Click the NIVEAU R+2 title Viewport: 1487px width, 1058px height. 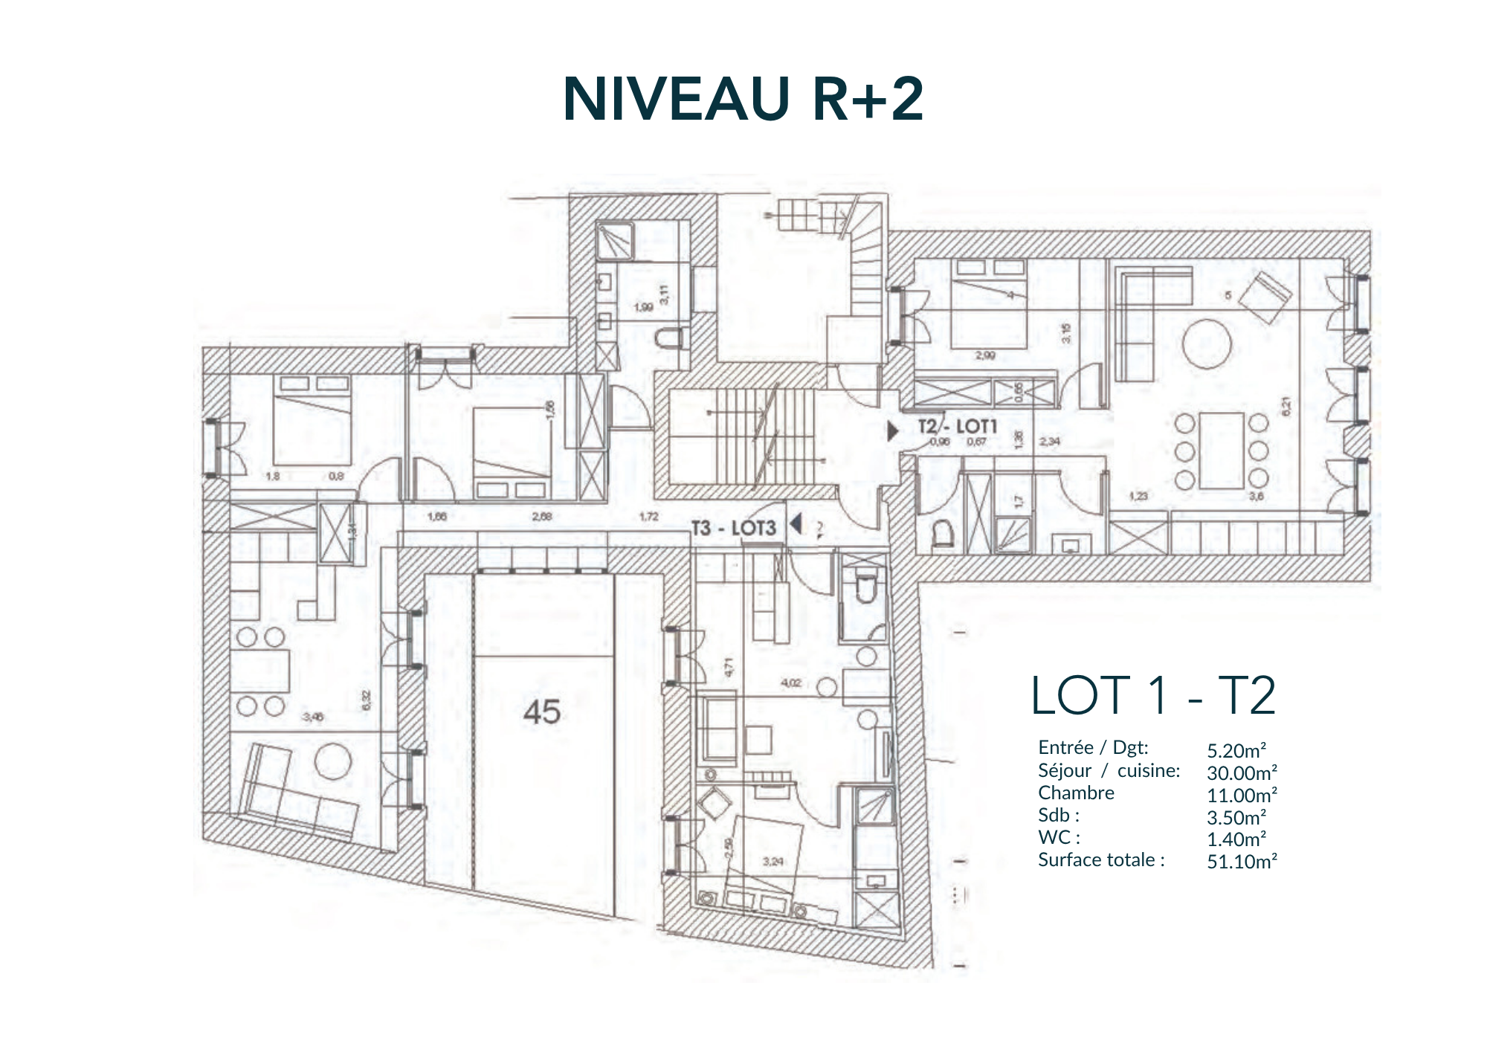point(743,99)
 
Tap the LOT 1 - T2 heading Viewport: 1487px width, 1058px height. point(1152,696)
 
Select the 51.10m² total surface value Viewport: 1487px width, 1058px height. point(1242,862)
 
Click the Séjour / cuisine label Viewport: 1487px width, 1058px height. point(1109,771)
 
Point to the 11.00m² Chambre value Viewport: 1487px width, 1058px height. point(1242,795)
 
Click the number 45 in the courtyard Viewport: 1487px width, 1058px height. point(541,712)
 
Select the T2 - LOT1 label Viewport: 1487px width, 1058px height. point(957,426)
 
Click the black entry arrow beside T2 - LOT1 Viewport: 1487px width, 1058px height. point(893,430)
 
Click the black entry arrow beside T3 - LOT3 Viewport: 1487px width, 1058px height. point(796,524)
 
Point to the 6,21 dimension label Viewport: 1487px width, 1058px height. point(1287,406)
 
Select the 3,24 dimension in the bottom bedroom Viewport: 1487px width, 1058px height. point(773,862)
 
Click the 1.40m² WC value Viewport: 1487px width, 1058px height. point(1236,839)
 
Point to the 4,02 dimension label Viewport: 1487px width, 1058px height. point(791,683)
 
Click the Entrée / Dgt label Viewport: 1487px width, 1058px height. point(1092,748)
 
